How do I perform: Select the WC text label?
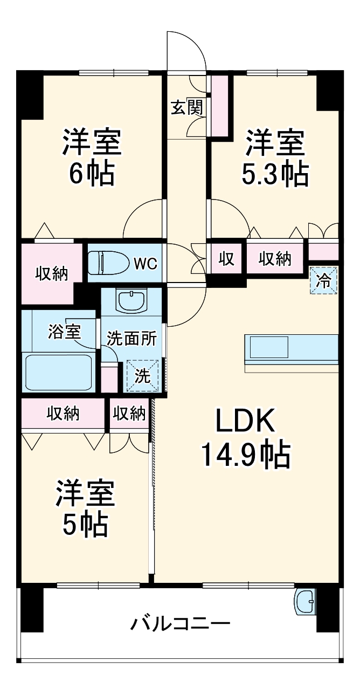(145, 264)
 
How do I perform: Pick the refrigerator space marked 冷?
(324, 280)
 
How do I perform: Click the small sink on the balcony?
(304, 601)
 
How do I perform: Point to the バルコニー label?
(180, 625)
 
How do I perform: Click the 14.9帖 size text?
(246, 455)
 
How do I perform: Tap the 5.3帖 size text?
(275, 174)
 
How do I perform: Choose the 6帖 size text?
(92, 174)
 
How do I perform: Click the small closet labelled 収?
(226, 259)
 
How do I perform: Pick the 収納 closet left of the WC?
(52, 273)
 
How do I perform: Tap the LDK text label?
(246, 421)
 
